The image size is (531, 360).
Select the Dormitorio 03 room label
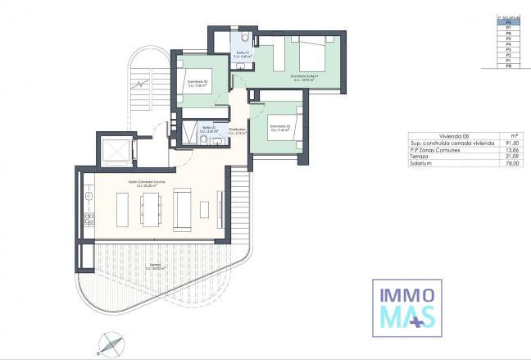[280, 126]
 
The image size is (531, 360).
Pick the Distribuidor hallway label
[238, 130]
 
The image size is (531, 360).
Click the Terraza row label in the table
[419, 157]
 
